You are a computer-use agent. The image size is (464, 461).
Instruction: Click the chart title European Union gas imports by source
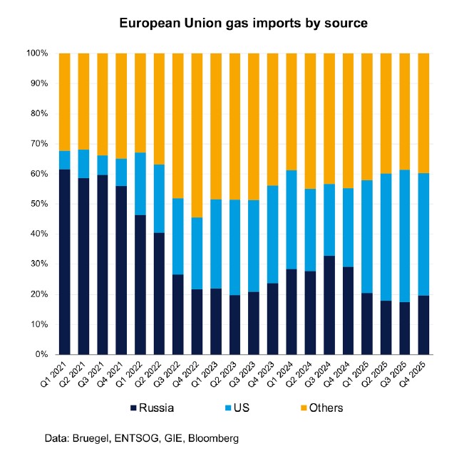pyautogui.click(x=243, y=23)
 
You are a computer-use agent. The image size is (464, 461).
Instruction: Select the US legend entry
pyautogui.click(x=244, y=408)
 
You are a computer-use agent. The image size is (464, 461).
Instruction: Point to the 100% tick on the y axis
pyautogui.click(x=37, y=53)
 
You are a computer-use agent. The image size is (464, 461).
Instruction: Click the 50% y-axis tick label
pyautogui.click(x=39, y=204)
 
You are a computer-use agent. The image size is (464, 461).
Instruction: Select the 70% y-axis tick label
pyautogui.click(x=39, y=144)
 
